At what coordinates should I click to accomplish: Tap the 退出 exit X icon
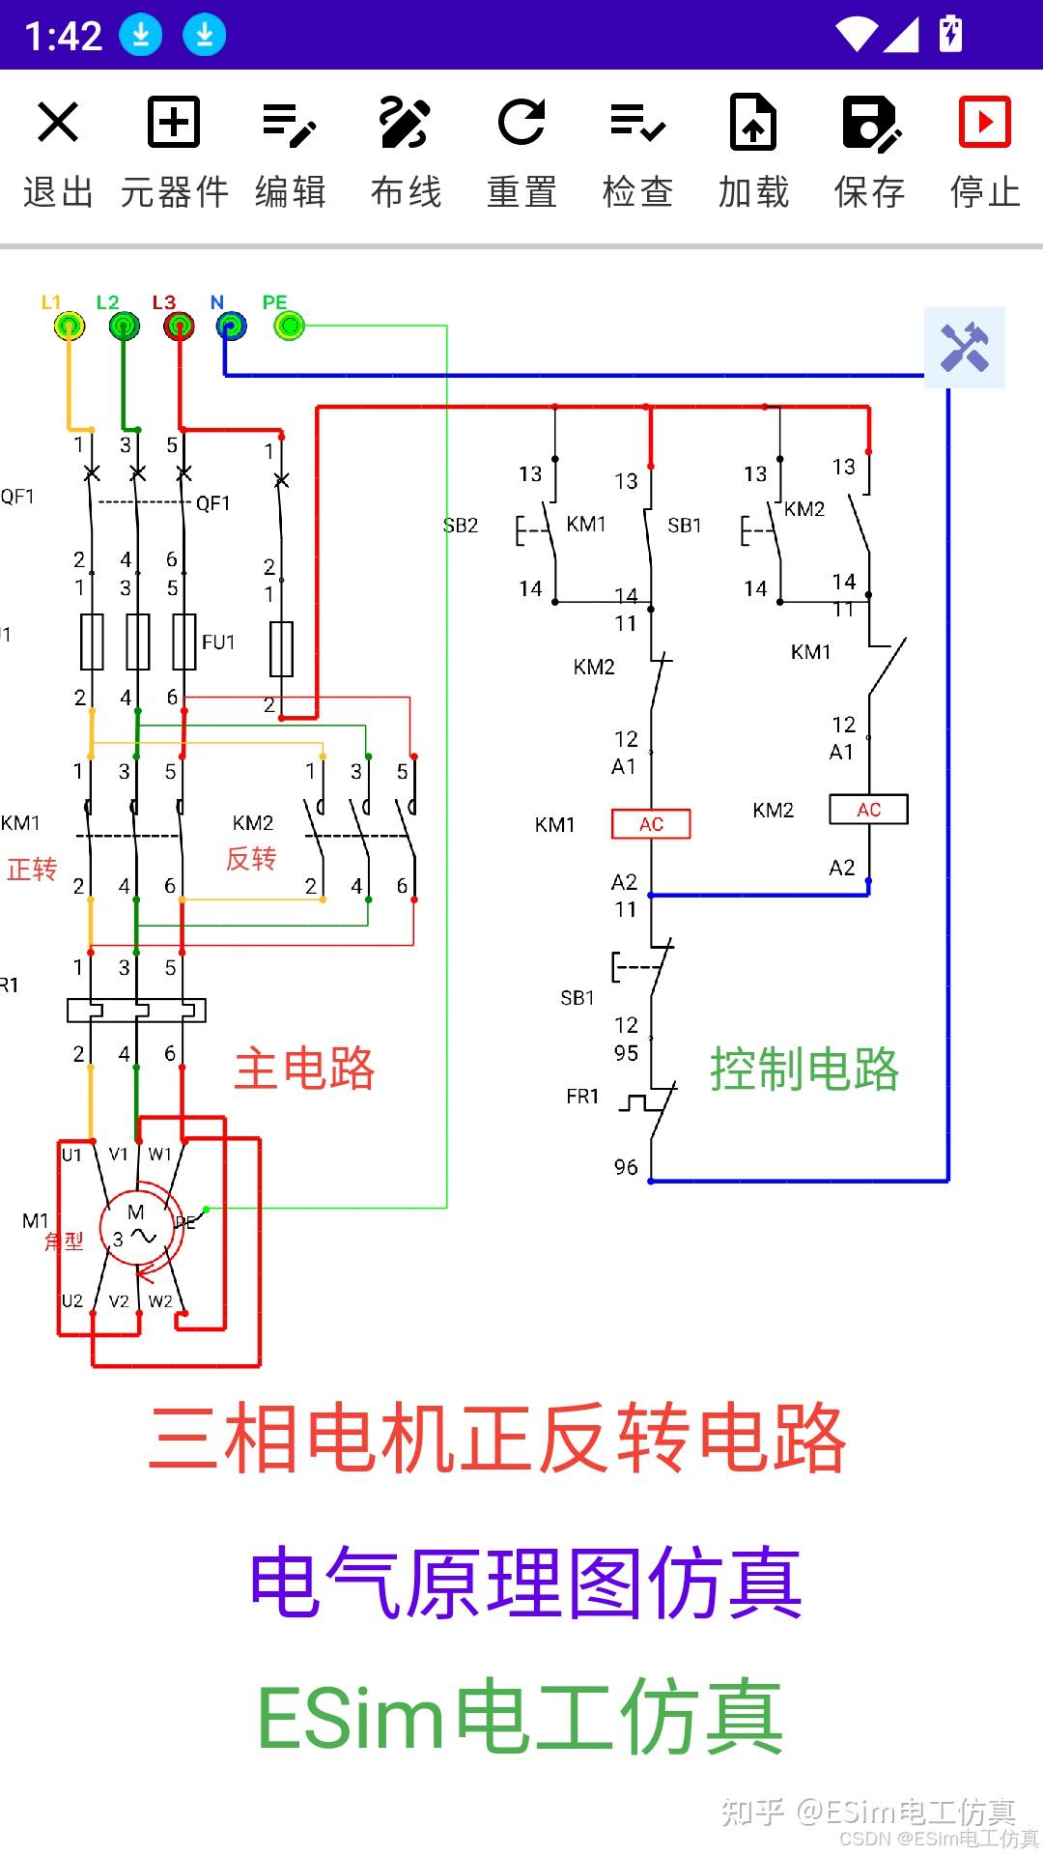[x=58, y=123]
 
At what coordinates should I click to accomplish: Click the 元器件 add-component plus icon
[x=174, y=123]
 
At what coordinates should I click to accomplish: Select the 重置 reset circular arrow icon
[x=521, y=123]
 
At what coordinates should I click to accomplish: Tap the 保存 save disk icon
[x=870, y=123]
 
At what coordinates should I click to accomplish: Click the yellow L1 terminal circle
[x=69, y=327]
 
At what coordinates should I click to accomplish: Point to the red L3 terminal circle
[x=179, y=327]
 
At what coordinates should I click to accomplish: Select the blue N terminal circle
[x=231, y=327]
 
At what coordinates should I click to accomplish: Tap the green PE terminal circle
[x=290, y=327]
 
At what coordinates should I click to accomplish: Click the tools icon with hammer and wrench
[x=965, y=348]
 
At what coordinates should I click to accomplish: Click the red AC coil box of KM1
[x=651, y=824]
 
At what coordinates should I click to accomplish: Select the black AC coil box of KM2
[x=868, y=810]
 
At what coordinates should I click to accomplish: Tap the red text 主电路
[x=304, y=1069]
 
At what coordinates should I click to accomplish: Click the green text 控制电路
[x=804, y=1069]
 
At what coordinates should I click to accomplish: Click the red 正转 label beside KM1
[x=32, y=870]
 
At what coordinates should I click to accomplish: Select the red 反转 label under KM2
[x=251, y=858]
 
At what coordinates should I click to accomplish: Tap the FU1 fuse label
[x=218, y=642]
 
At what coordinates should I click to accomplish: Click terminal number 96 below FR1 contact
[x=626, y=1167]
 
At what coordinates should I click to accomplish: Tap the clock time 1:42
[x=64, y=37]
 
